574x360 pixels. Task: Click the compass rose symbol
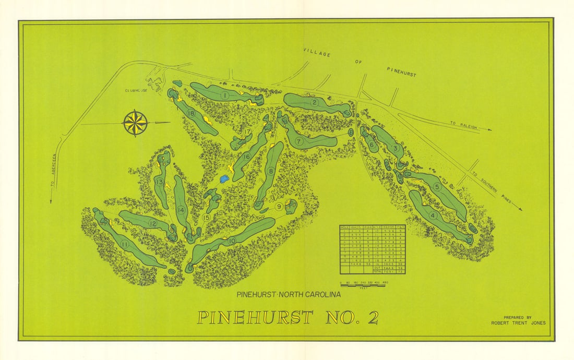(x=135, y=123)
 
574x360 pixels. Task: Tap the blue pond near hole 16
(x=224, y=179)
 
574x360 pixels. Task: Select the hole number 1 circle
(x=225, y=95)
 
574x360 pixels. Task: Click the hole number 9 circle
(x=279, y=207)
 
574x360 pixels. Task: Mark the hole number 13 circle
(x=159, y=182)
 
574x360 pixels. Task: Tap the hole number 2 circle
(x=315, y=102)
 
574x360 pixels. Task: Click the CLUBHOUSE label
(x=136, y=90)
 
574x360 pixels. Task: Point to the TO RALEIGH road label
(x=462, y=124)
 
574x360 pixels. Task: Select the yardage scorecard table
(x=373, y=249)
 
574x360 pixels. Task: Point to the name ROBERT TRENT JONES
(x=518, y=323)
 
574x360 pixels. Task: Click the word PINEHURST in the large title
(x=255, y=317)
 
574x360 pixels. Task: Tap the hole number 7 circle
(x=299, y=141)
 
